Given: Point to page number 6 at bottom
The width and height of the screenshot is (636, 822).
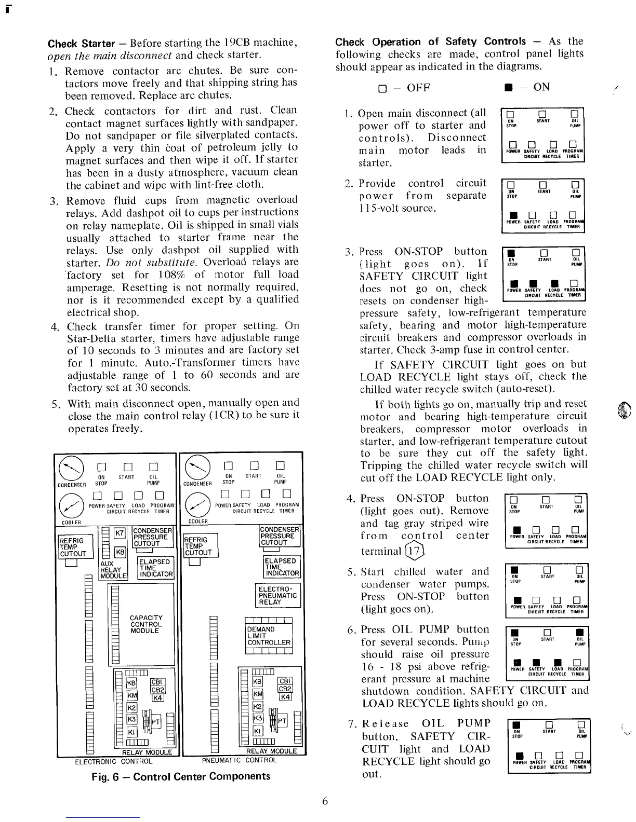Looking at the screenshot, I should (325, 801).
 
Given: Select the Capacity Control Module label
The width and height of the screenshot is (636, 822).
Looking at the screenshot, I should (146, 624).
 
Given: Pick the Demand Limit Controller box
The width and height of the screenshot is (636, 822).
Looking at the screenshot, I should (269, 636).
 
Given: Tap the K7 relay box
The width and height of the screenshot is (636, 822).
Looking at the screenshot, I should (120, 533).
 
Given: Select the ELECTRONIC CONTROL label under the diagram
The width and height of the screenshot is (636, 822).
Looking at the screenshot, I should (114, 762).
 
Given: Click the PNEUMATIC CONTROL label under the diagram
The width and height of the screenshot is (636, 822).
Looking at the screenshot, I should (239, 761).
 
